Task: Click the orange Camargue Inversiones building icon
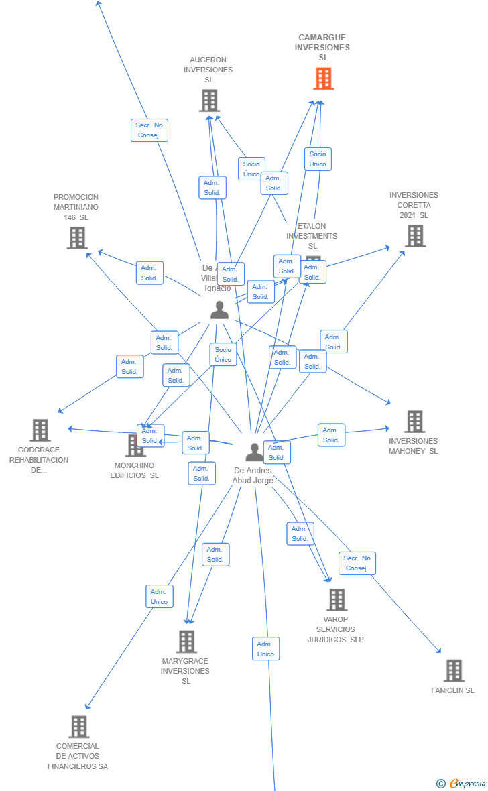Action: pos(324,78)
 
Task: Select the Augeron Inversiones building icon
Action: pos(209,101)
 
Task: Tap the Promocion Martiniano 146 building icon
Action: pos(77,238)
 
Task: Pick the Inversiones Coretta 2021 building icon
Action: pos(415,236)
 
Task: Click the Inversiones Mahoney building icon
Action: pos(414,422)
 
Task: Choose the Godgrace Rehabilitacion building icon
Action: pos(40,430)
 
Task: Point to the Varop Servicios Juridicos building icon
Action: pos(337,600)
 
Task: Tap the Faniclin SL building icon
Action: pos(454,670)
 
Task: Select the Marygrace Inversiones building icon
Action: pos(186,642)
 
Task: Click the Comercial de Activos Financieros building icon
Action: pos(79,727)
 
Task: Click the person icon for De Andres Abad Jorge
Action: pos(254,452)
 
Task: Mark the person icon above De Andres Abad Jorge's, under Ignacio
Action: pos(219,310)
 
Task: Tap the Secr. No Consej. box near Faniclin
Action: pos(357,563)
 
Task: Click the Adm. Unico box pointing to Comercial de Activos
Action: pos(159,597)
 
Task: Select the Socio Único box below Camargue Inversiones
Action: pos(318,159)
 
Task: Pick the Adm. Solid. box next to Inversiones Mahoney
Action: pos(331,435)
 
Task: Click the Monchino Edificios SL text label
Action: pos(135,471)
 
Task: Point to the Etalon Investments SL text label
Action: pos(312,236)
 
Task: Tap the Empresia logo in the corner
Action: pos(462,783)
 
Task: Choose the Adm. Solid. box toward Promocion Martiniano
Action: pos(149,273)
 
